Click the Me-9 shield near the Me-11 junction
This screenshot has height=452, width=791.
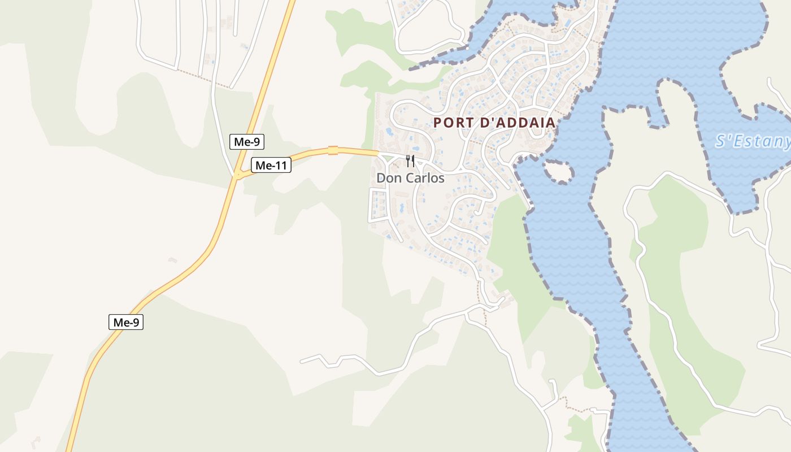[x=247, y=142]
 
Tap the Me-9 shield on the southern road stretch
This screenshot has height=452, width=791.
[x=126, y=323]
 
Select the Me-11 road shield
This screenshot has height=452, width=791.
[x=271, y=166]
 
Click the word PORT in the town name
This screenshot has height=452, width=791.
[x=453, y=123]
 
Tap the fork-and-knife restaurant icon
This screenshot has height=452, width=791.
[x=410, y=161]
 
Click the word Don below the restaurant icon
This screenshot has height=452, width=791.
[x=388, y=179]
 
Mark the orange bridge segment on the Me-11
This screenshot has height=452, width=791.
[x=333, y=150]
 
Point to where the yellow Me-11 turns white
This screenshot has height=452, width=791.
[x=377, y=153]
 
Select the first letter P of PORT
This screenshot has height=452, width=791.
[x=438, y=123]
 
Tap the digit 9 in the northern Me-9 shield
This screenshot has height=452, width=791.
[x=257, y=142]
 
